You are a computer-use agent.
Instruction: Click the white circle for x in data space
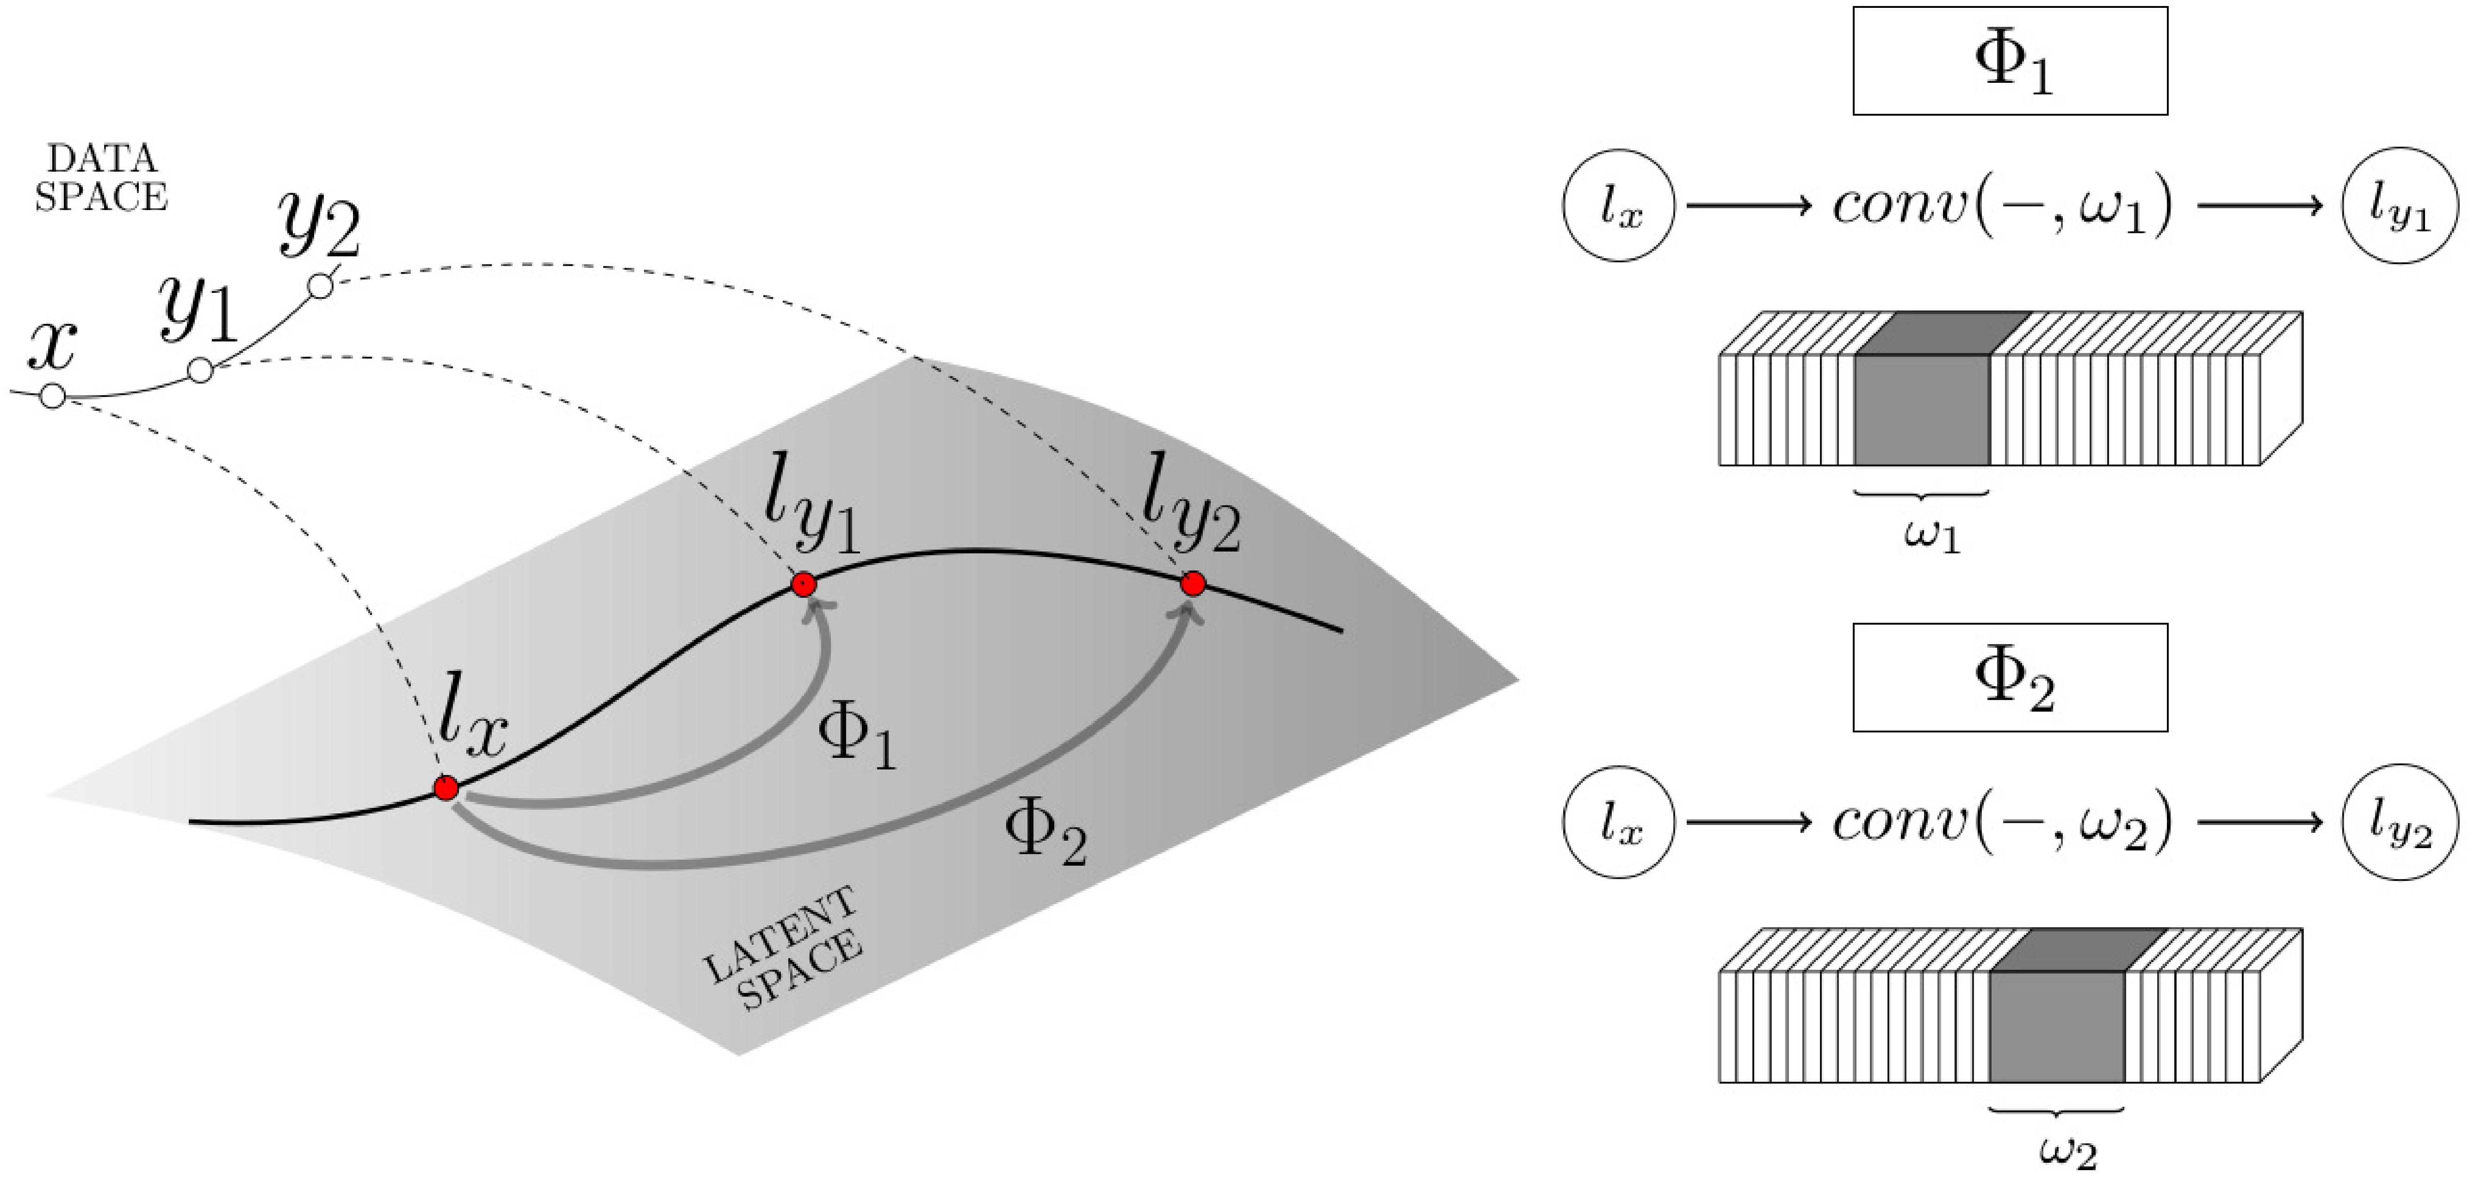pos(53,396)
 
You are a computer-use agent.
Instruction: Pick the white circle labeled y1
pos(200,370)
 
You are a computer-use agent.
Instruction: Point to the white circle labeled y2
pos(321,286)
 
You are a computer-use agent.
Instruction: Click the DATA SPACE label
pos(101,178)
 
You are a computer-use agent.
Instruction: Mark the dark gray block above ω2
pos(2056,1026)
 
